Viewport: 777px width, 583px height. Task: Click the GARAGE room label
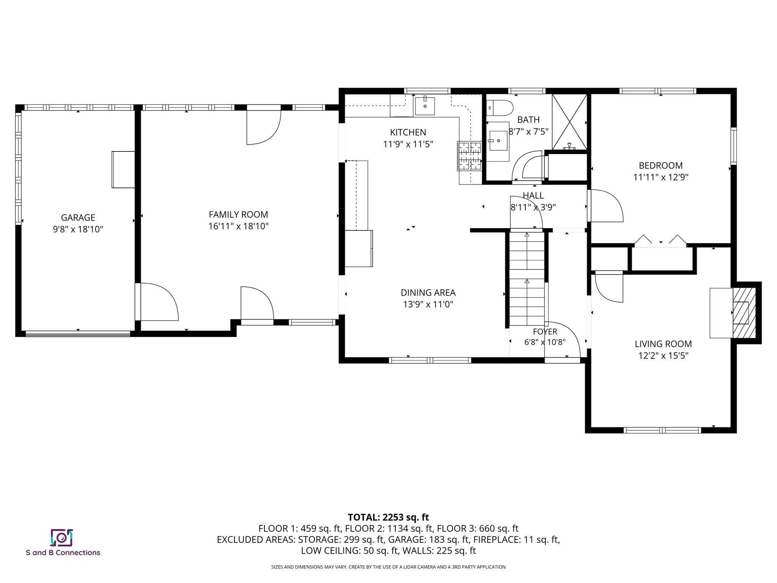[x=78, y=217]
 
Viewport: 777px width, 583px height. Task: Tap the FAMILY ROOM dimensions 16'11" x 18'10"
[x=238, y=226]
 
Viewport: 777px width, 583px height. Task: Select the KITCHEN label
[x=408, y=132]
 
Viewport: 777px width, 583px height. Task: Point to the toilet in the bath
[x=500, y=107]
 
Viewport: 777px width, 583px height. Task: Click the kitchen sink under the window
[x=425, y=106]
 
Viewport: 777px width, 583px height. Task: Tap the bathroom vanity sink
[x=498, y=141]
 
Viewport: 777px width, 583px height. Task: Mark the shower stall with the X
[x=569, y=121]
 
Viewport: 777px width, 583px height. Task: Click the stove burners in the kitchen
[x=470, y=156]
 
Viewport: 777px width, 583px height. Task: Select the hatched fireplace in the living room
[x=744, y=313]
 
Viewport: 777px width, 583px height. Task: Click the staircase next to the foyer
[x=527, y=279]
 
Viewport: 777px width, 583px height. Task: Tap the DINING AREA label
[x=428, y=293]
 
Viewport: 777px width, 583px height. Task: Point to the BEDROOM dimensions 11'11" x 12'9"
[x=661, y=177]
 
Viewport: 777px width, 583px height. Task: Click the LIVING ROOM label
[x=663, y=344]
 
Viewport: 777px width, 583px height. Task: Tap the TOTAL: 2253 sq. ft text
[x=388, y=517]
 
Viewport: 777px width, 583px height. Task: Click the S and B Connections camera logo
[x=61, y=537]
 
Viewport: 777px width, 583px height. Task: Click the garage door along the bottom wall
[x=78, y=334]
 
